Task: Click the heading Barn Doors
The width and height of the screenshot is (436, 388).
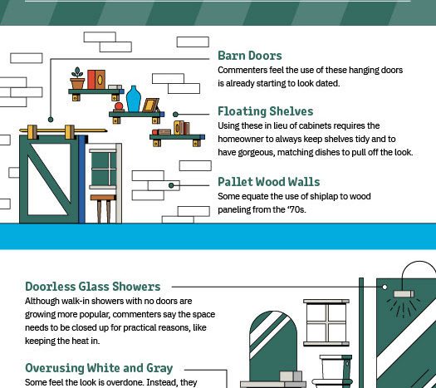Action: (250, 56)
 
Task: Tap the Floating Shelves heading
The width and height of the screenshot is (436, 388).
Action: (265, 111)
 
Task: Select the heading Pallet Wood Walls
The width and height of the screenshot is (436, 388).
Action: (268, 182)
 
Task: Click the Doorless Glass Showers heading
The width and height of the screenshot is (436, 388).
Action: (93, 287)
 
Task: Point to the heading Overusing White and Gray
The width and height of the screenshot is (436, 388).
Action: (99, 368)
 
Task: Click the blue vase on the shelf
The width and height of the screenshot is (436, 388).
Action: (134, 99)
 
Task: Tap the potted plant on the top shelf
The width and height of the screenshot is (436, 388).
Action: (77, 78)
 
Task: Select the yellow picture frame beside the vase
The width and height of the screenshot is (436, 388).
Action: (150, 106)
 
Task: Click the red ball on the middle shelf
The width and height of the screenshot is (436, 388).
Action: (119, 106)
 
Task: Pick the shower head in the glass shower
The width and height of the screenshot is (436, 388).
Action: (404, 294)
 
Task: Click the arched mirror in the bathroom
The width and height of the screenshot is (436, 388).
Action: (273, 346)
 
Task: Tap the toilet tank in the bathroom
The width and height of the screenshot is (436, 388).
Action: (336, 366)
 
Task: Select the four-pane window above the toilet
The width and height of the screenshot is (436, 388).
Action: (326, 322)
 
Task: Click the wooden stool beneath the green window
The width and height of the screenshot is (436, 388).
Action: (103, 209)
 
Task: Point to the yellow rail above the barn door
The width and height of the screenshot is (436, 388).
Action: (63, 130)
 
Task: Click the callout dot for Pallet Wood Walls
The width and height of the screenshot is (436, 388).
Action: (171, 185)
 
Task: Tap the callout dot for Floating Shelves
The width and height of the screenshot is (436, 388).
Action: (175, 115)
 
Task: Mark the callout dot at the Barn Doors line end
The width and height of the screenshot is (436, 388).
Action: (51, 120)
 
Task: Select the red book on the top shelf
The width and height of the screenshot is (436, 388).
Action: (91, 80)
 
